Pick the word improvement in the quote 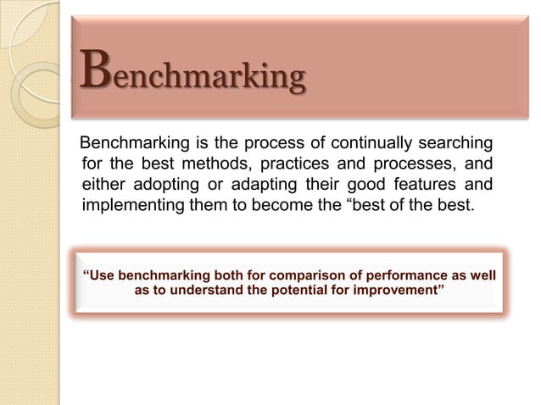pyautogui.click(x=406, y=293)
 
